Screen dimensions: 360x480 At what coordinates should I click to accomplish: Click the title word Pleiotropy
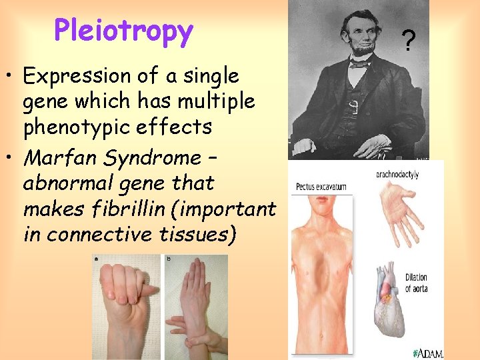(x=123, y=31)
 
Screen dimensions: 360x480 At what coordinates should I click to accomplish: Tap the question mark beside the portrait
(x=411, y=39)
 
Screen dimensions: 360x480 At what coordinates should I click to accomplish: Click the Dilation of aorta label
(x=416, y=283)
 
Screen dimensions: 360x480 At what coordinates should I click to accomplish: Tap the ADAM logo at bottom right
(x=427, y=352)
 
